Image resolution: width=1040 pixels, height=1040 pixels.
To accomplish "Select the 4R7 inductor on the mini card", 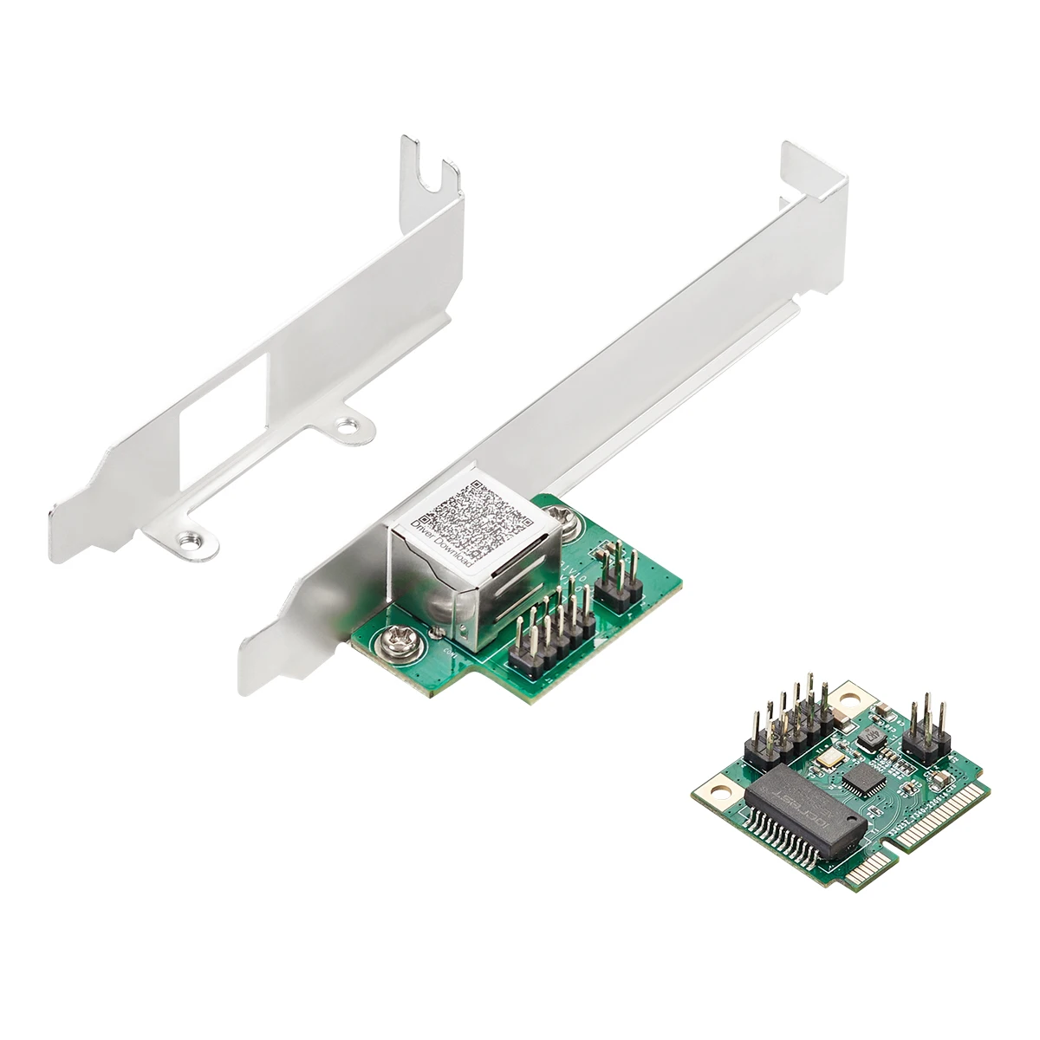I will (x=870, y=736).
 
